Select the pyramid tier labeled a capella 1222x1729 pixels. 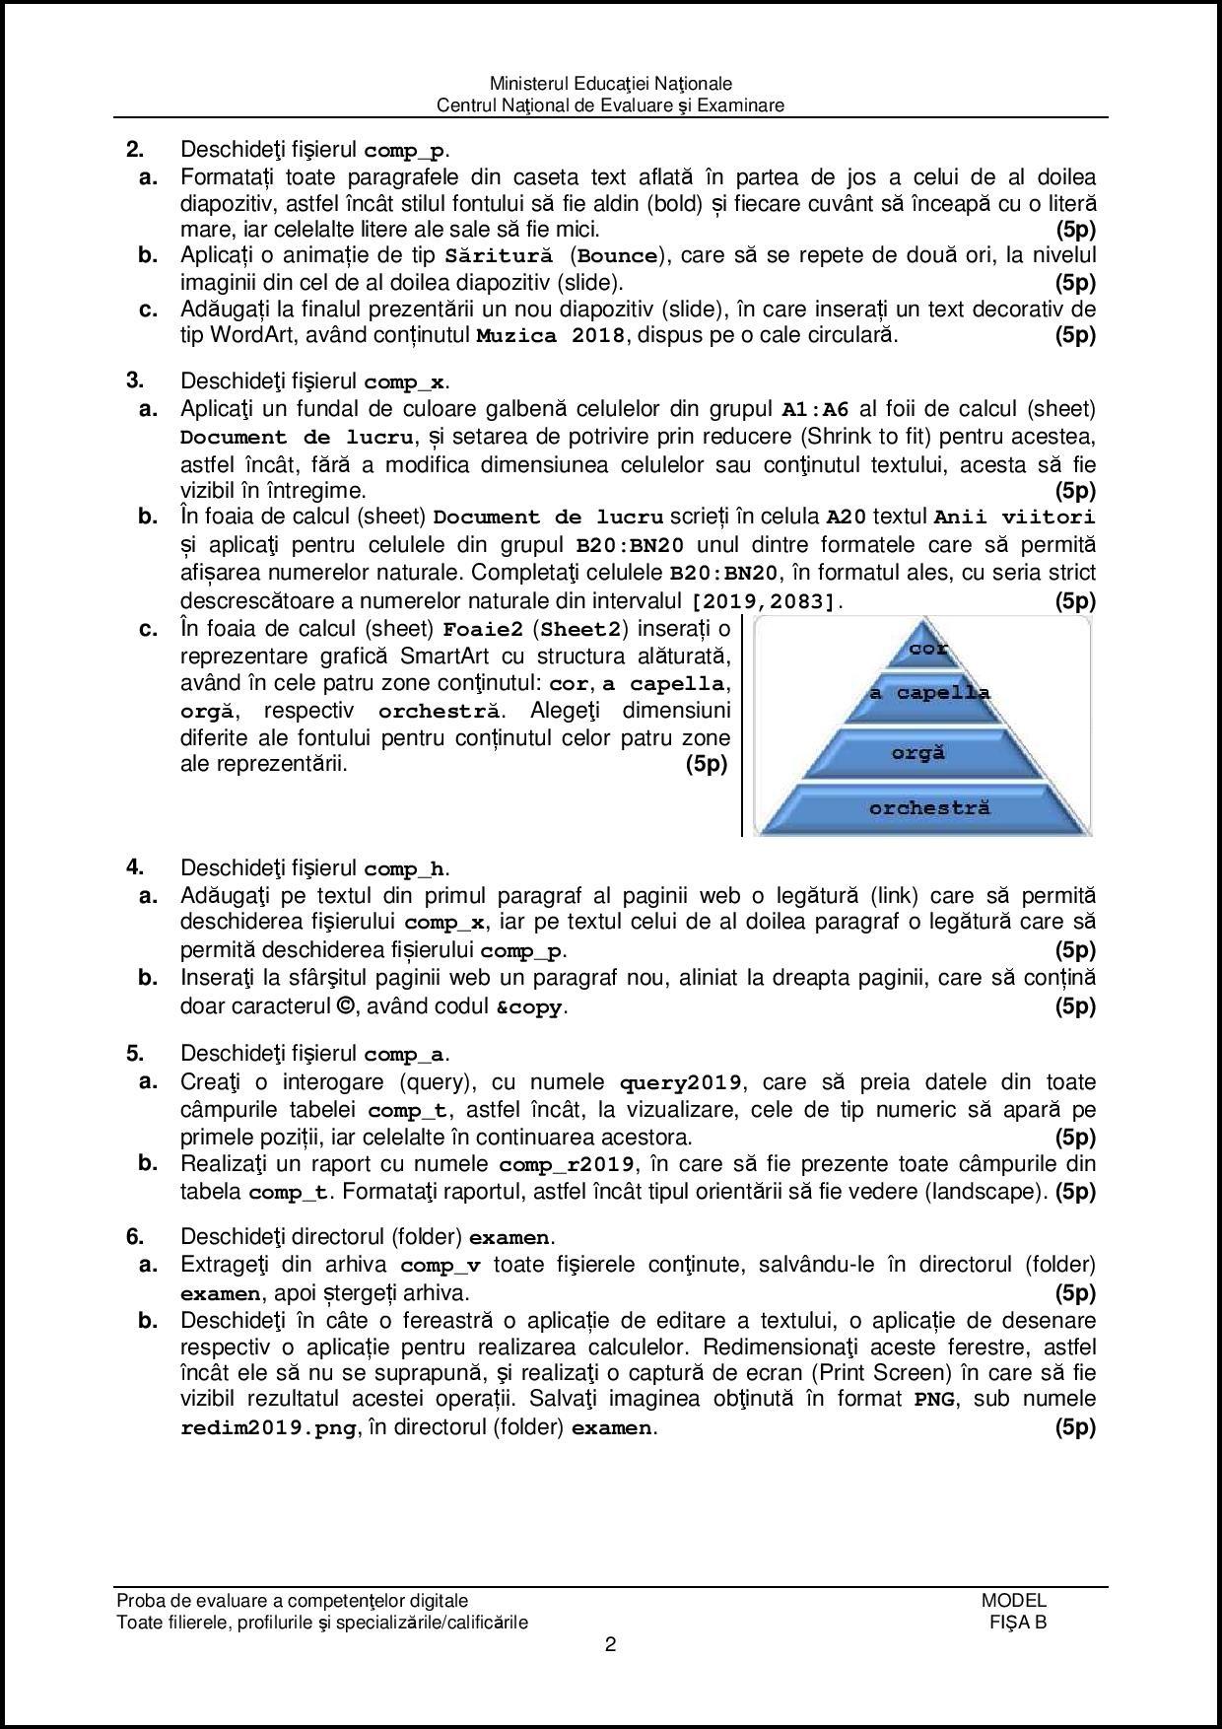pyautogui.click(x=928, y=693)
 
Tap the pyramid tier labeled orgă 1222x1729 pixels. pyautogui.click(x=918, y=753)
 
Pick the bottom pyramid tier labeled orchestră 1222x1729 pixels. pyautogui.click(x=928, y=808)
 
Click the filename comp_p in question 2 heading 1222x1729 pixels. pyautogui.click(x=404, y=152)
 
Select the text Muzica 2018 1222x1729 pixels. pyautogui.click(x=550, y=335)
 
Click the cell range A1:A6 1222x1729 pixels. pyautogui.click(x=815, y=410)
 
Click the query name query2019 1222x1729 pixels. pyautogui.click(x=680, y=1083)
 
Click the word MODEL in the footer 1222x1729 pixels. pyautogui.click(x=1014, y=1601)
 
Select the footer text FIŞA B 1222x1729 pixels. pyautogui.click(x=1018, y=1623)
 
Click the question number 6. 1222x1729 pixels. pyautogui.click(x=135, y=1236)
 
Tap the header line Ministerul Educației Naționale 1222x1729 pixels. pyautogui.click(x=611, y=84)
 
